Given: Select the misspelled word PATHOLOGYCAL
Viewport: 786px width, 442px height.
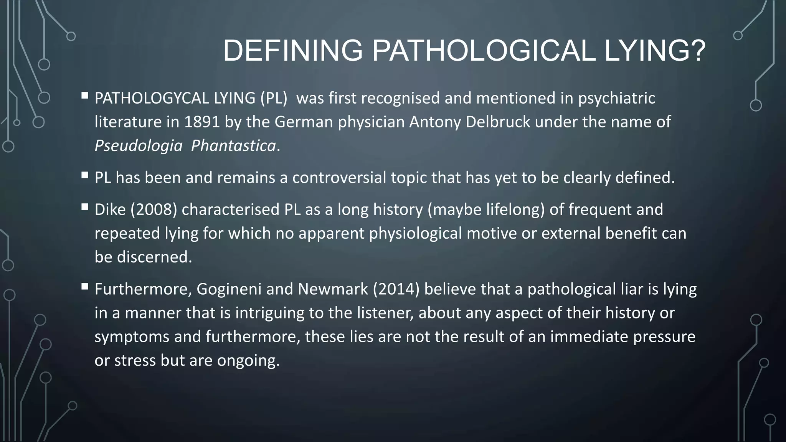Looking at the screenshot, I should coord(152,98).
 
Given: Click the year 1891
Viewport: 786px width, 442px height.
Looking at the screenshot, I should coord(202,122).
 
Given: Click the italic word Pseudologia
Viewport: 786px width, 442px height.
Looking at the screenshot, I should coord(139,146).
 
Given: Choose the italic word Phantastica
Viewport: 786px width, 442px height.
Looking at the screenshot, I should coord(233,146).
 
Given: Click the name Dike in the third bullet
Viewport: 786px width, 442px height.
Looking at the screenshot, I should coord(110,209).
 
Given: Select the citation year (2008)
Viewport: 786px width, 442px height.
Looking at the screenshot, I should coord(154,209).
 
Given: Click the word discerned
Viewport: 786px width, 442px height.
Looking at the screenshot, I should coord(154,257).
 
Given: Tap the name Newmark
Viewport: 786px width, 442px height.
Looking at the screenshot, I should coord(333,289).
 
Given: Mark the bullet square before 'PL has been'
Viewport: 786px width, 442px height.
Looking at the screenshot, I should coord(85,175).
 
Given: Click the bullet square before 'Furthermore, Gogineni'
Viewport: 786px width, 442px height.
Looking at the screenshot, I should coord(85,286).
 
